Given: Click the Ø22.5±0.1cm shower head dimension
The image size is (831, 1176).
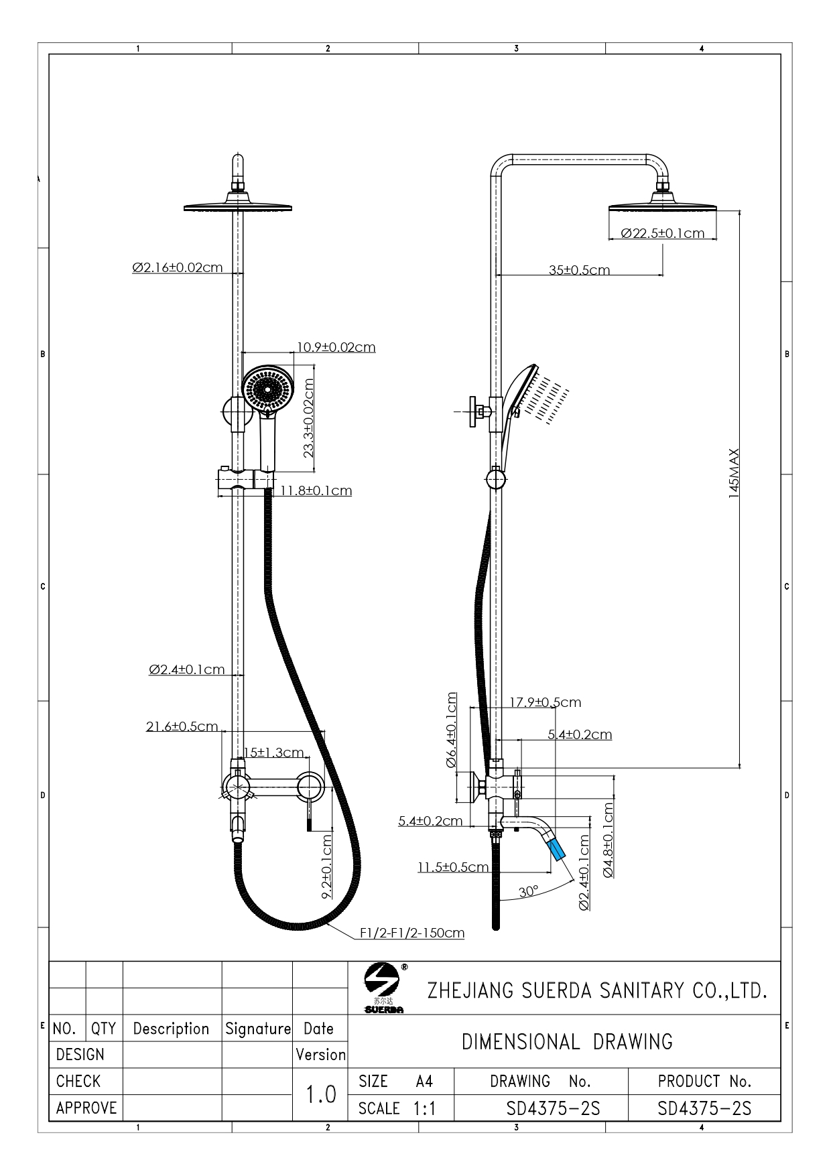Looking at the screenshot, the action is point(663,233).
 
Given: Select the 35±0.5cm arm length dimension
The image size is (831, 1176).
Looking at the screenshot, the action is point(579,270).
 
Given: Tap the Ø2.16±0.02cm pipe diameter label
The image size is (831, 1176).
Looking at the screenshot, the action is point(178,267).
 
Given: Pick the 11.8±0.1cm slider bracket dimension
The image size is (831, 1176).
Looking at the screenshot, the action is point(316,491).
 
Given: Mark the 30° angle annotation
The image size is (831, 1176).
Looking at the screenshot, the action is point(528,891).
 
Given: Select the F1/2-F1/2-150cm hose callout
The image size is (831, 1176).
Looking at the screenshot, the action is point(412,933).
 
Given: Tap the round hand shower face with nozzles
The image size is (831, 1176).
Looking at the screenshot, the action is point(268,388).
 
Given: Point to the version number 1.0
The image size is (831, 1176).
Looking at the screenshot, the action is point(321,1094).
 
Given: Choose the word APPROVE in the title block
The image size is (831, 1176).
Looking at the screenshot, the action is point(86,1108).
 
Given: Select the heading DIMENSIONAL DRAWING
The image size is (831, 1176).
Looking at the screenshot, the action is point(567,1042).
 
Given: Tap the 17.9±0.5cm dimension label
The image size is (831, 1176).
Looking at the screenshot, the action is point(546,702).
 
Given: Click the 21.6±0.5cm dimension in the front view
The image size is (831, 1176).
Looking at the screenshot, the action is point(182,726).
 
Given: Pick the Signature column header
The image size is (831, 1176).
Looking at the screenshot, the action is point(258,1029).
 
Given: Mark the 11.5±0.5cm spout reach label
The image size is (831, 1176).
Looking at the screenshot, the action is point(453,867).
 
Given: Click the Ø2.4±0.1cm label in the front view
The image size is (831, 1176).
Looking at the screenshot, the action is point(187,669).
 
